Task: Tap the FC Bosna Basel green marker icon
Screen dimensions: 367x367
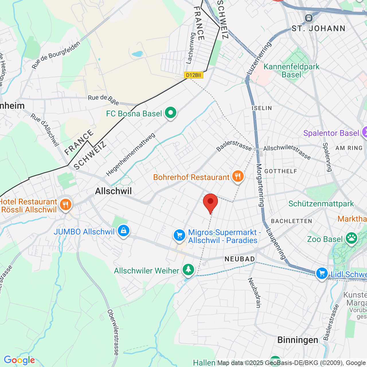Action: coord(171,113)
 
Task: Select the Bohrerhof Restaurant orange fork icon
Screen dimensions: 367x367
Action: coord(238,176)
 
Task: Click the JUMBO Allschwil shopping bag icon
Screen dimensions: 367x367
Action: coord(124,231)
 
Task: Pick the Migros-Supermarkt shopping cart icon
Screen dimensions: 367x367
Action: coord(179,235)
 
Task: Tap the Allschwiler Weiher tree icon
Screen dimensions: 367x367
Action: coord(188,270)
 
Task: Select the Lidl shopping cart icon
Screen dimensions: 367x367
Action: coord(322,274)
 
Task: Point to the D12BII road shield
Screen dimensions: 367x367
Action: coord(194,75)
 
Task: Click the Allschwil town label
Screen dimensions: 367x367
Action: coord(114,191)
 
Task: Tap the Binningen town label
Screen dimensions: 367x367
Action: coord(298,340)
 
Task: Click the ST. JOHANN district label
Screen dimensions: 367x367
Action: coord(319,29)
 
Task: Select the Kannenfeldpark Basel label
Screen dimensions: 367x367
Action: coord(291,71)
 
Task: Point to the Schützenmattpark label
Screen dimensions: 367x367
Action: coord(321,204)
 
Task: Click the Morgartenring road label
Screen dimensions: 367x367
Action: coord(260,185)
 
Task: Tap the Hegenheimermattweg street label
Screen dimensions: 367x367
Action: coord(130,155)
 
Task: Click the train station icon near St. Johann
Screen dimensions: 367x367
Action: coord(309,18)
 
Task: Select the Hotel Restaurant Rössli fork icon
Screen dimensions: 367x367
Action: coord(66,205)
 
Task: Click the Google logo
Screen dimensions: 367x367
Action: coord(19,360)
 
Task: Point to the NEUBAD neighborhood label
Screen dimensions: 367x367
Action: coord(240,259)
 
